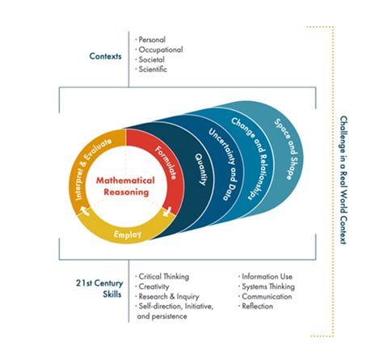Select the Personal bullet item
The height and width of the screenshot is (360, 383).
tap(153, 39)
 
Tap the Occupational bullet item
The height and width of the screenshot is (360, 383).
tap(160, 49)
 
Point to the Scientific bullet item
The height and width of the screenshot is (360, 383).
tap(154, 70)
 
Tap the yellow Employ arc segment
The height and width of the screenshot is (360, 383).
tap(129, 234)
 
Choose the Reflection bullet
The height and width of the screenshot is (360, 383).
tap(259, 307)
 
